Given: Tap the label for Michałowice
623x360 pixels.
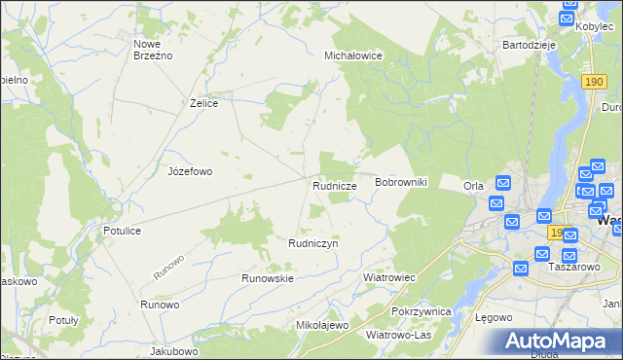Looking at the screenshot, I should tap(352, 56).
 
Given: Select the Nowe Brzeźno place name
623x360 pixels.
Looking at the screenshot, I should tap(153, 50).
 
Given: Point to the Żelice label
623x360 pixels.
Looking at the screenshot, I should tap(203, 102).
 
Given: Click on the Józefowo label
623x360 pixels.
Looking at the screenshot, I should tap(190, 171).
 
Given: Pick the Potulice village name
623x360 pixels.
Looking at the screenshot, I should tap(123, 231).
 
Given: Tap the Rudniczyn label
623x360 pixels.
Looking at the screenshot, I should tap(312, 243).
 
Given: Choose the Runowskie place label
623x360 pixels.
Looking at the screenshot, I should tap(268, 277).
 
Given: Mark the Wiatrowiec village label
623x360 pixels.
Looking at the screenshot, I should tap(389, 277).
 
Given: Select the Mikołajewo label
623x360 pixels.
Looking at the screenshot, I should tap(321, 325).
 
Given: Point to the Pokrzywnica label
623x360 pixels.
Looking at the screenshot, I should tap(421, 311).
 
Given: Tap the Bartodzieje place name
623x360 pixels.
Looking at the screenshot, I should tap(529, 45).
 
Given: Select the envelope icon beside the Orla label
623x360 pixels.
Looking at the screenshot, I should tap(503, 182).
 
